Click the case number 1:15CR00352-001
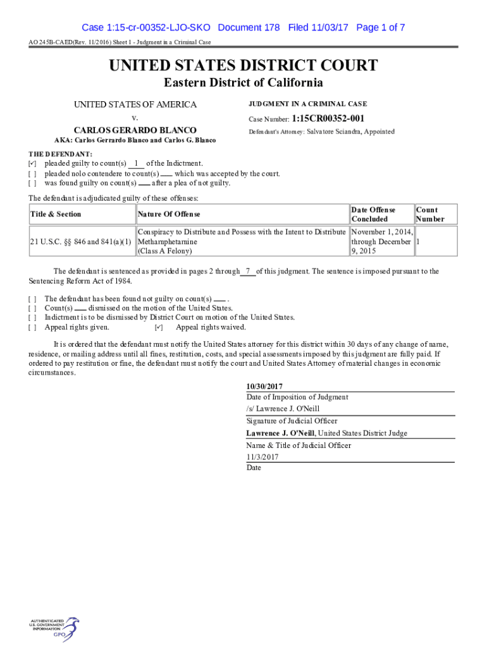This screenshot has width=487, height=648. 328,118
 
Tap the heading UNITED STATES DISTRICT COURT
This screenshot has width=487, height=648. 244,66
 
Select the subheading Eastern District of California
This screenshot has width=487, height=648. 244,83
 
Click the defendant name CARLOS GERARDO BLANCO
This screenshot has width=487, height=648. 135,130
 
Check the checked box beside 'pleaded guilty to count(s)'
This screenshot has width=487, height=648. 32,164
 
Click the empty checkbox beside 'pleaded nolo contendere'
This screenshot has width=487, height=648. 32,174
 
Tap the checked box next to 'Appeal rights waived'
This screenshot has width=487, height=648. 159,328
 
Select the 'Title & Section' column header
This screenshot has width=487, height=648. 56,215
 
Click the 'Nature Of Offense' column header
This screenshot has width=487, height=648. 169,215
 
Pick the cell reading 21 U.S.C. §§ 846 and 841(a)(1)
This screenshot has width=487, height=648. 81,242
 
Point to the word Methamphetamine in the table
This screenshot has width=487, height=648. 168,242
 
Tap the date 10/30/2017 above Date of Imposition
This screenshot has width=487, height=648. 264,387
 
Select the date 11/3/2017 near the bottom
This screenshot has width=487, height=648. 262,457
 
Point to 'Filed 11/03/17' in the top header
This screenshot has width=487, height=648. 319,28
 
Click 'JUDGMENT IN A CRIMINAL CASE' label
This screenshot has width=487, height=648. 307,104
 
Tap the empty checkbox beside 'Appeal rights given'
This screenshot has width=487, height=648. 32,328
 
